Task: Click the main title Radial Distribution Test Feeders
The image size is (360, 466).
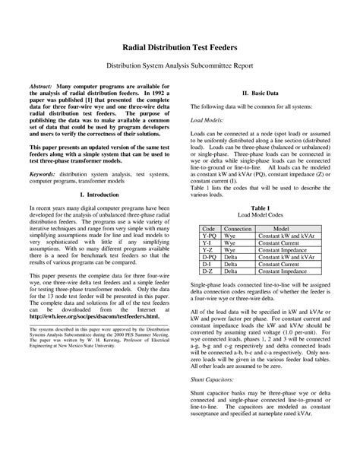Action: (x=180, y=47)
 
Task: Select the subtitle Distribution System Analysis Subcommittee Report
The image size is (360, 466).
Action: (x=180, y=66)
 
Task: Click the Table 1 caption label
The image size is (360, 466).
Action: (x=261, y=207)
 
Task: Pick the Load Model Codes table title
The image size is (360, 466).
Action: (x=261, y=215)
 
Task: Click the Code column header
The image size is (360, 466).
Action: (x=207, y=228)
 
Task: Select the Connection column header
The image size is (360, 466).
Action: (x=238, y=228)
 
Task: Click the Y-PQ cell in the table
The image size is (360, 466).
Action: (x=207, y=236)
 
